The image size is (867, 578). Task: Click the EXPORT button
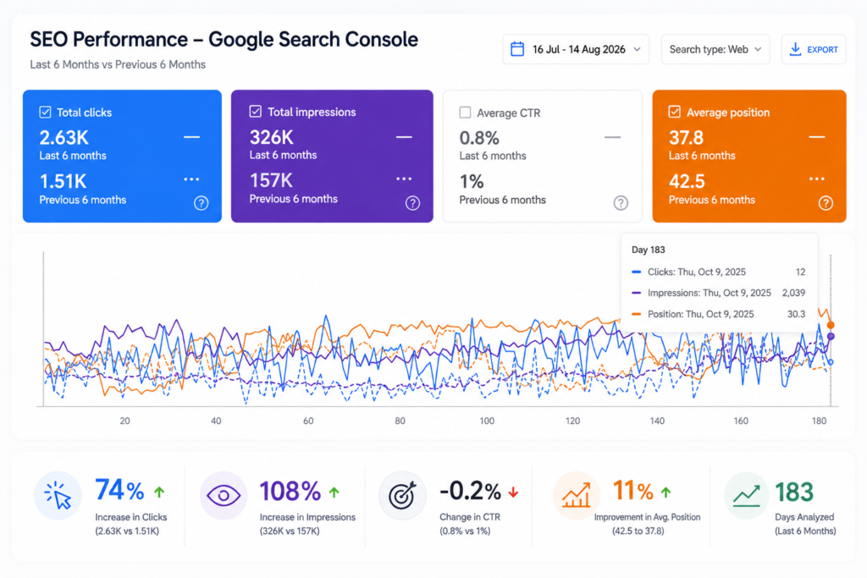tap(814, 50)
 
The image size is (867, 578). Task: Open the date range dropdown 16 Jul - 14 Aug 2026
tap(576, 50)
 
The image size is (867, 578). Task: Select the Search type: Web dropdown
tap(715, 50)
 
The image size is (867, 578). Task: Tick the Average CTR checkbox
tap(465, 113)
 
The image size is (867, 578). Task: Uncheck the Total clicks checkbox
tap(46, 113)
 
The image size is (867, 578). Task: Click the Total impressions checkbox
tap(256, 112)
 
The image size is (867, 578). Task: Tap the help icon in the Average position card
tap(826, 203)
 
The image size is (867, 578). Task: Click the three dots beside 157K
tap(404, 179)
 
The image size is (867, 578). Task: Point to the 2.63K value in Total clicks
tap(64, 138)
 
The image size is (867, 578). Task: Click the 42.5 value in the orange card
tap(687, 181)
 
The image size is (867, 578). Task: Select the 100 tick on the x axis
tap(487, 421)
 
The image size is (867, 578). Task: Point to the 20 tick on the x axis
tap(125, 421)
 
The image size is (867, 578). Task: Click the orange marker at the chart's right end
tap(831, 325)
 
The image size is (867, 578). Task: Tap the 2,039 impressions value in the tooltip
tap(793, 293)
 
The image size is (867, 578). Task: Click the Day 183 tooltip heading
tap(648, 250)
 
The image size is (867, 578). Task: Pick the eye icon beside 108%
tap(224, 496)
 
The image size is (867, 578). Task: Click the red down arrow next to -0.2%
tap(513, 492)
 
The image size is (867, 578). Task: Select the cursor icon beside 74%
tap(58, 495)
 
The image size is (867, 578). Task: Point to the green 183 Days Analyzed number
tap(794, 492)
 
